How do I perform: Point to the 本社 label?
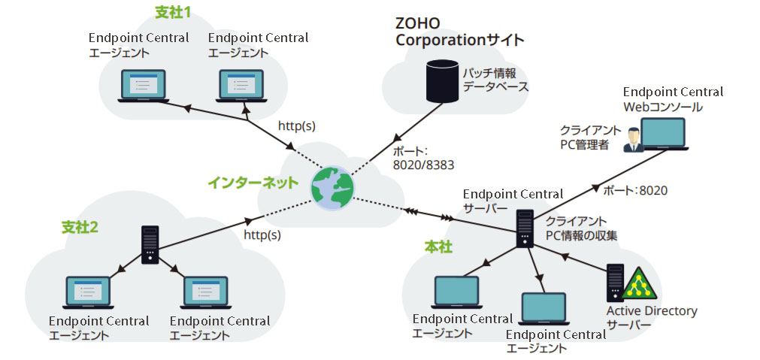click(x=438, y=246)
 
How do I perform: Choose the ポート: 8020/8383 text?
click(x=424, y=156)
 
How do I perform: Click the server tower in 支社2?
click(x=150, y=244)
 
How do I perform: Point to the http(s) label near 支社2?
click(x=262, y=235)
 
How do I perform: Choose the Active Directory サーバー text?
click(x=652, y=317)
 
